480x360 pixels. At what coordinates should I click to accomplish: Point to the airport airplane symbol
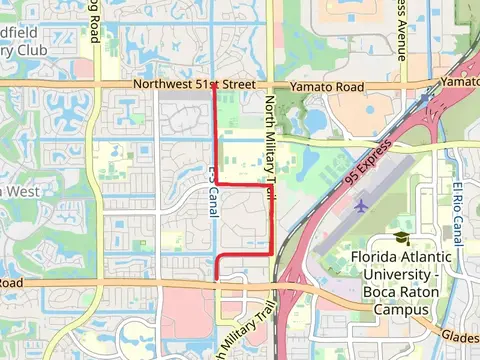coord(360,206)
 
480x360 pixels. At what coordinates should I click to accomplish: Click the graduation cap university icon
coord(401,238)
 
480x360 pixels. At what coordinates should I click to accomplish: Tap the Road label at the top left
coord(94,22)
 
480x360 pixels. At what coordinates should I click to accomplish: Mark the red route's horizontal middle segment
coord(245,185)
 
